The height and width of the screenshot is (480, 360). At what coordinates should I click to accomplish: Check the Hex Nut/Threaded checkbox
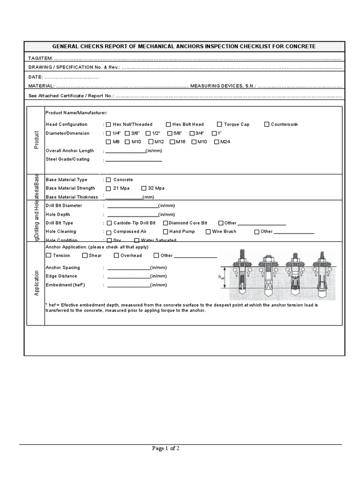pyautogui.click(x=108, y=125)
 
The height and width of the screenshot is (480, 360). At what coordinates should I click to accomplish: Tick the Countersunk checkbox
pyautogui.click(x=267, y=124)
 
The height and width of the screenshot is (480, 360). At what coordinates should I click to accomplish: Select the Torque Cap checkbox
pyautogui.click(x=219, y=124)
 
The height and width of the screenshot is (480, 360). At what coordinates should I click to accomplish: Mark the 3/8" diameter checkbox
pyautogui.click(x=127, y=134)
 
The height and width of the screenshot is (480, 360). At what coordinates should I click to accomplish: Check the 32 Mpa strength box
pyautogui.click(x=143, y=188)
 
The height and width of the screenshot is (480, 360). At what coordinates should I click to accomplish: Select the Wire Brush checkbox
pyautogui.click(x=208, y=232)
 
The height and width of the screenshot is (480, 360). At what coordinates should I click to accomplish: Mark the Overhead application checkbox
pyautogui.click(x=116, y=255)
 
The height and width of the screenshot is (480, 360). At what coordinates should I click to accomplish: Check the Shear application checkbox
pyautogui.click(x=85, y=255)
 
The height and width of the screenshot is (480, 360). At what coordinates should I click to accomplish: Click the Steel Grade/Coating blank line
pyautogui.click(x=134, y=161)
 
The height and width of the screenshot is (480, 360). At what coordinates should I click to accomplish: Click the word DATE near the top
pyautogui.click(x=36, y=76)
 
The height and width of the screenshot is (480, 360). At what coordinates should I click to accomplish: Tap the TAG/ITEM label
pyautogui.click(x=40, y=59)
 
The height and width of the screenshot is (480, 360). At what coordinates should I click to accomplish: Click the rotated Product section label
pyautogui.click(x=36, y=140)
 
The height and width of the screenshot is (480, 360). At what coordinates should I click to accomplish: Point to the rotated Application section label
pyautogui.click(x=36, y=283)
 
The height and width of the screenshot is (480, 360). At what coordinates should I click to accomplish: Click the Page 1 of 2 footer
pyautogui.click(x=166, y=449)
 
